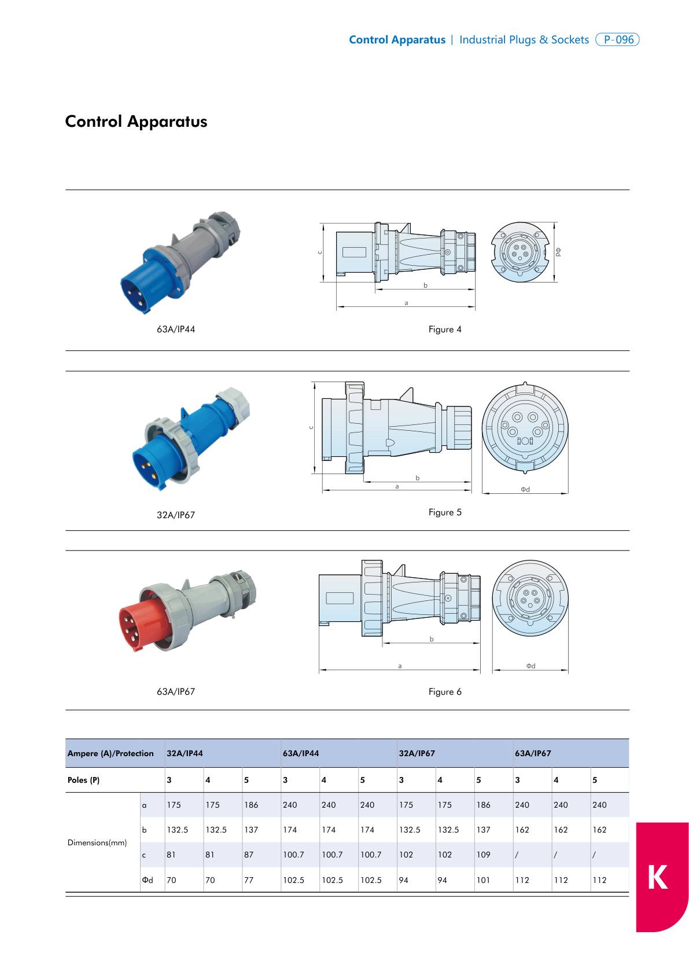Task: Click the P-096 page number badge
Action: [x=617, y=40]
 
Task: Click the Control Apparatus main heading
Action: [x=136, y=122]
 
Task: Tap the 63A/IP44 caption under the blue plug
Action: [x=176, y=329]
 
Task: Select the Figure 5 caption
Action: [x=445, y=512]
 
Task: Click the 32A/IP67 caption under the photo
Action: [x=176, y=515]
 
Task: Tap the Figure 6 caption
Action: [x=445, y=692]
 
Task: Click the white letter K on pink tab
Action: [x=657, y=877]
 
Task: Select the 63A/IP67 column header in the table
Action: [x=533, y=754]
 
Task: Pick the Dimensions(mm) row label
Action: [x=97, y=843]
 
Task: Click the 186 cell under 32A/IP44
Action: [x=251, y=805]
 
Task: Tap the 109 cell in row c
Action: [x=483, y=855]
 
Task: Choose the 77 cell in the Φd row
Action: [x=249, y=881]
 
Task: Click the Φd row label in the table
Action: [x=148, y=881]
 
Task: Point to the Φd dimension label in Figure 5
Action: [x=525, y=490]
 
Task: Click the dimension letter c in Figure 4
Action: [x=319, y=252]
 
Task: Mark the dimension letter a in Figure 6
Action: [x=400, y=666]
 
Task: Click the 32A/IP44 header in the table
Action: [x=185, y=754]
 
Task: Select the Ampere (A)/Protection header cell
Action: [x=110, y=754]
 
